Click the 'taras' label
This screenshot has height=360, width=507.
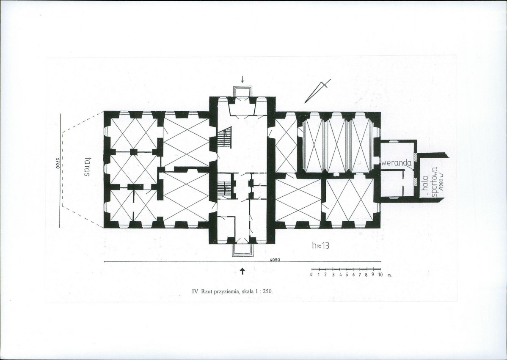click(87, 167)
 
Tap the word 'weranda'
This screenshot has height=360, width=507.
click(397, 163)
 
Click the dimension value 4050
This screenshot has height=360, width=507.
click(275, 259)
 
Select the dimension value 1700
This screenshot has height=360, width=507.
click(57, 163)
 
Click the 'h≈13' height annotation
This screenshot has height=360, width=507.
click(320, 246)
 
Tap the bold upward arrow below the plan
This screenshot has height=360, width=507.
click(242, 271)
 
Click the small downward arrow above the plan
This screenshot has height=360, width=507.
click(242, 79)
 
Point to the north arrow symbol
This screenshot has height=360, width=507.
click(317, 91)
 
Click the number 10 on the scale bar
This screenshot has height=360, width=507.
click(380, 275)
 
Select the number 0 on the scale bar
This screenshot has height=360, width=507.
click(311, 275)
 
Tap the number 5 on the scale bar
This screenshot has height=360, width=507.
click(346, 275)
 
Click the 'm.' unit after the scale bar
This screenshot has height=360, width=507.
click(390, 276)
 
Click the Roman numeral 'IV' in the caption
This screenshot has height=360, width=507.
click(195, 291)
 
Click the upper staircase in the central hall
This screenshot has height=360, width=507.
click(226, 137)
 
